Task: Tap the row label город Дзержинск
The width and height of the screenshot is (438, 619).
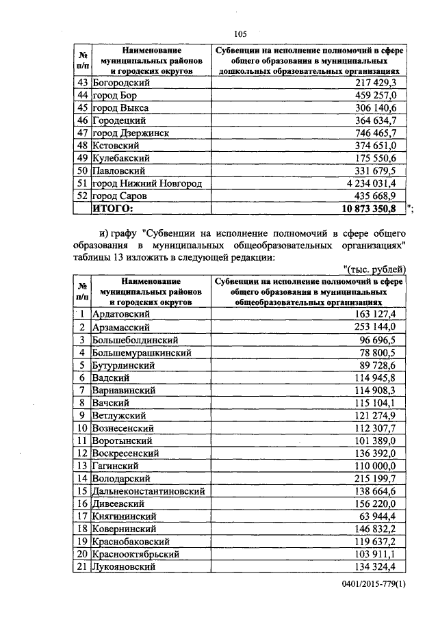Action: point(130,133)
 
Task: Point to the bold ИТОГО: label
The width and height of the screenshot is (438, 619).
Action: point(114,209)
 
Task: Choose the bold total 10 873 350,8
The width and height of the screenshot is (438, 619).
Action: point(373,209)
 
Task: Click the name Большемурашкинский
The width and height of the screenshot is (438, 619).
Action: point(141,352)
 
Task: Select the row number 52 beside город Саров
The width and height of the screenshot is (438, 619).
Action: point(81,196)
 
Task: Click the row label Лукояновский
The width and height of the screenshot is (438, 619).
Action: point(123,567)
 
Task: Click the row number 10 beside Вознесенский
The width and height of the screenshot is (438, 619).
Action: point(81,428)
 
